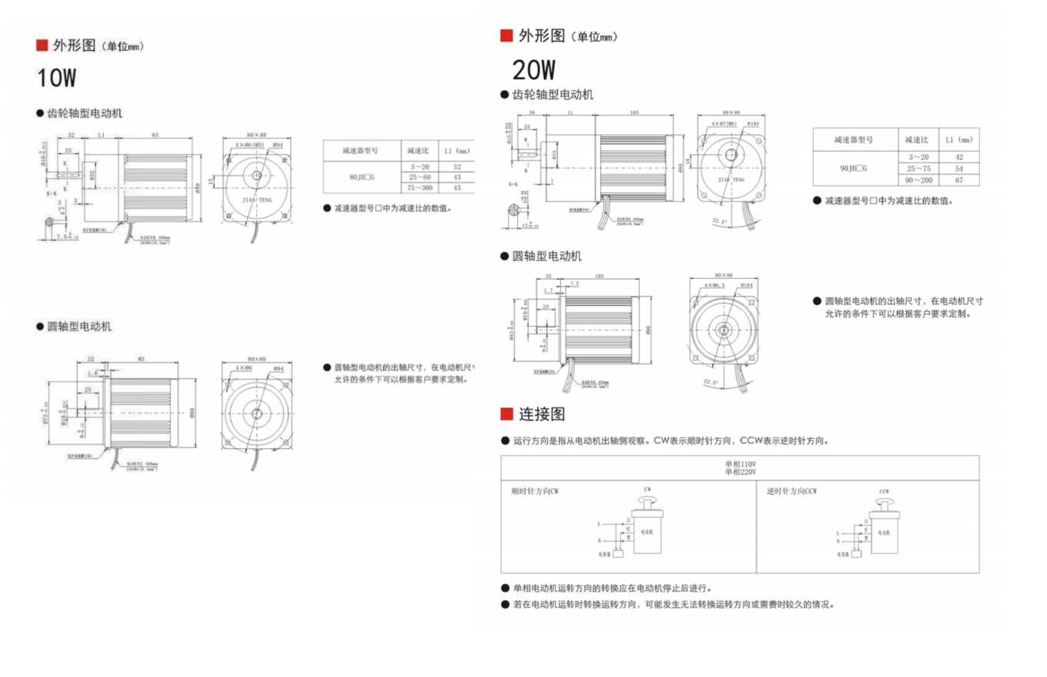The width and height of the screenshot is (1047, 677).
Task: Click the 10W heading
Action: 57,78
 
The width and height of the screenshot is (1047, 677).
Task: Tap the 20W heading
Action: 533,71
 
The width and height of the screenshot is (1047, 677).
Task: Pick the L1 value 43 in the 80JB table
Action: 457,178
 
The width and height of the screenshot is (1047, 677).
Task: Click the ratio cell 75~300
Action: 420,188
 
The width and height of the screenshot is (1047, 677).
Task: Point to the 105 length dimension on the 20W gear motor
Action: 635,112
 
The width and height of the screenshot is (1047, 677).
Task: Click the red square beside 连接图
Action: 506,414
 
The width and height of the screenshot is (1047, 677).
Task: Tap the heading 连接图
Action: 542,414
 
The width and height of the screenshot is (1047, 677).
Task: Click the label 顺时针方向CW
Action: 535,490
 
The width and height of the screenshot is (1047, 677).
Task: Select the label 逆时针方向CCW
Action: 792,490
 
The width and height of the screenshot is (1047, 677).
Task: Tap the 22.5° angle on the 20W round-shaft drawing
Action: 710,382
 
